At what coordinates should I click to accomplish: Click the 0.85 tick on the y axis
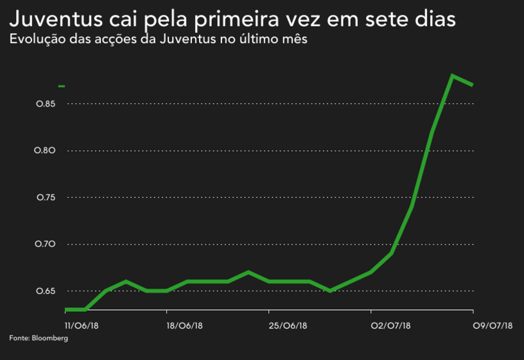pyautogui.click(x=46, y=104)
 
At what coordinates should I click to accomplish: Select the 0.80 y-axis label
pyautogui.click(x=46, y=151)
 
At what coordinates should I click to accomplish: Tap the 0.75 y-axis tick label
pyautogui.click(x=46, y=198)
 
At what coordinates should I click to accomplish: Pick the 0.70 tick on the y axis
pyautogui.click(x=46, y=244)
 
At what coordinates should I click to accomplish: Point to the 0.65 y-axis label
pyautogui.click(x=46, y=291)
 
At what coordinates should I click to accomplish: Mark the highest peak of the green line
pyautogui.click(x=453, y=76)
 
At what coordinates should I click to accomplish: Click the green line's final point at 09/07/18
pyautogui.click(x=473, y=85)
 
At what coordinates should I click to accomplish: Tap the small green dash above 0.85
pyautogui.click(x=62, y=85)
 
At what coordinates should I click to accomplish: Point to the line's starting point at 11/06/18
pyautogui.click(x=67, y=309)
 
